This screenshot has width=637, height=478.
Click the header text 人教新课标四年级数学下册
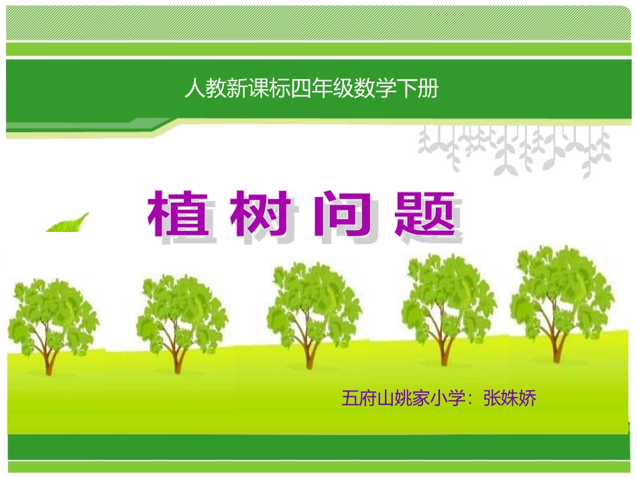311,88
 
